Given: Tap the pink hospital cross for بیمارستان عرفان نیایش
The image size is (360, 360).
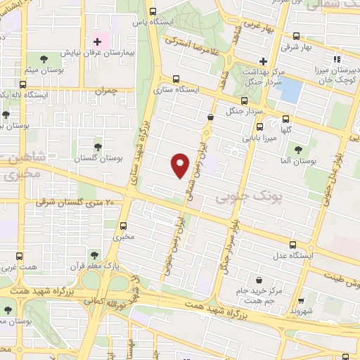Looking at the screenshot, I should point(97,42).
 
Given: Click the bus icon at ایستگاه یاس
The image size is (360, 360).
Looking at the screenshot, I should point(153,11).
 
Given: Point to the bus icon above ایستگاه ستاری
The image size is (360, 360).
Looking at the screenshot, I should point(175,79).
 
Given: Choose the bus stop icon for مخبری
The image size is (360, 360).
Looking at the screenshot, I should point(124,226).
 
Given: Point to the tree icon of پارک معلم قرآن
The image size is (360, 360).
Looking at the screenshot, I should point(93,251).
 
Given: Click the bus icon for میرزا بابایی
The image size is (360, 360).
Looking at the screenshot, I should point(260,127).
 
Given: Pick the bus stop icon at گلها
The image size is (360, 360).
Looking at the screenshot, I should point(285,119).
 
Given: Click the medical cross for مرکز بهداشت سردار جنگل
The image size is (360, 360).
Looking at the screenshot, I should point(263,60).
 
